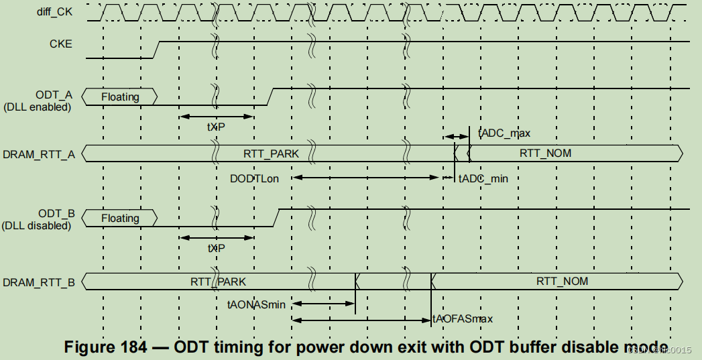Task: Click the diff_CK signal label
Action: [x=54, y=12]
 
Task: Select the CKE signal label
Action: [x=60, y=44]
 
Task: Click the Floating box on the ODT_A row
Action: [x=120, y=97]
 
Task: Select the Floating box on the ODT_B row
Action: [x=120, y=219]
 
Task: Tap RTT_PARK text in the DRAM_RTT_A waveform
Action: [x=271, y=154]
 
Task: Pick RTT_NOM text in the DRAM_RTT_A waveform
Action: [x=545, y=154]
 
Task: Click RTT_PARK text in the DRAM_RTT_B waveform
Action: [x=218, y=282]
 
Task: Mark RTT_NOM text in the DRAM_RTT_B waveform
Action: [x=562, y=282]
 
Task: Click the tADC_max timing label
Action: [x=504, y=133]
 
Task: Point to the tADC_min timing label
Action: [x=483, y=178]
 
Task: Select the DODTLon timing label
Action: [x=254, y=178]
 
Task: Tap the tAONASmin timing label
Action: [x=256, y=304]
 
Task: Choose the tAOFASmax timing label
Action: [x=463, y=319]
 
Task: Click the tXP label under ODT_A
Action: [x=216, y=127]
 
